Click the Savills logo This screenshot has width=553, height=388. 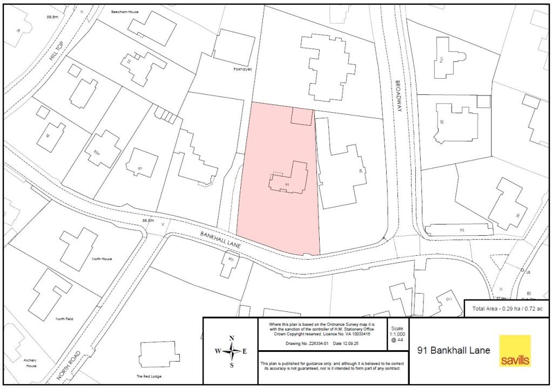coord(515,351)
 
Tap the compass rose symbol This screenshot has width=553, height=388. coord(232,351)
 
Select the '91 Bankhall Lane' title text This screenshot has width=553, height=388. coord(454,350)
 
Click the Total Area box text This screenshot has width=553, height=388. coord(508,308)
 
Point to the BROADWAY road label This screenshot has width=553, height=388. coord(399,97)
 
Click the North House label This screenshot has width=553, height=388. coord(102,259)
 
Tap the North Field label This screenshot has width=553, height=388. coord(64,319)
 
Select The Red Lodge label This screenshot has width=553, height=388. coord(149,376)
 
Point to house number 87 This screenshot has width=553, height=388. coord(140,169)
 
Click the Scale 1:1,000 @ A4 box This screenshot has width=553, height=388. coord(397,334)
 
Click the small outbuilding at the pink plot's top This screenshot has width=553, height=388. coord(301,115)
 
